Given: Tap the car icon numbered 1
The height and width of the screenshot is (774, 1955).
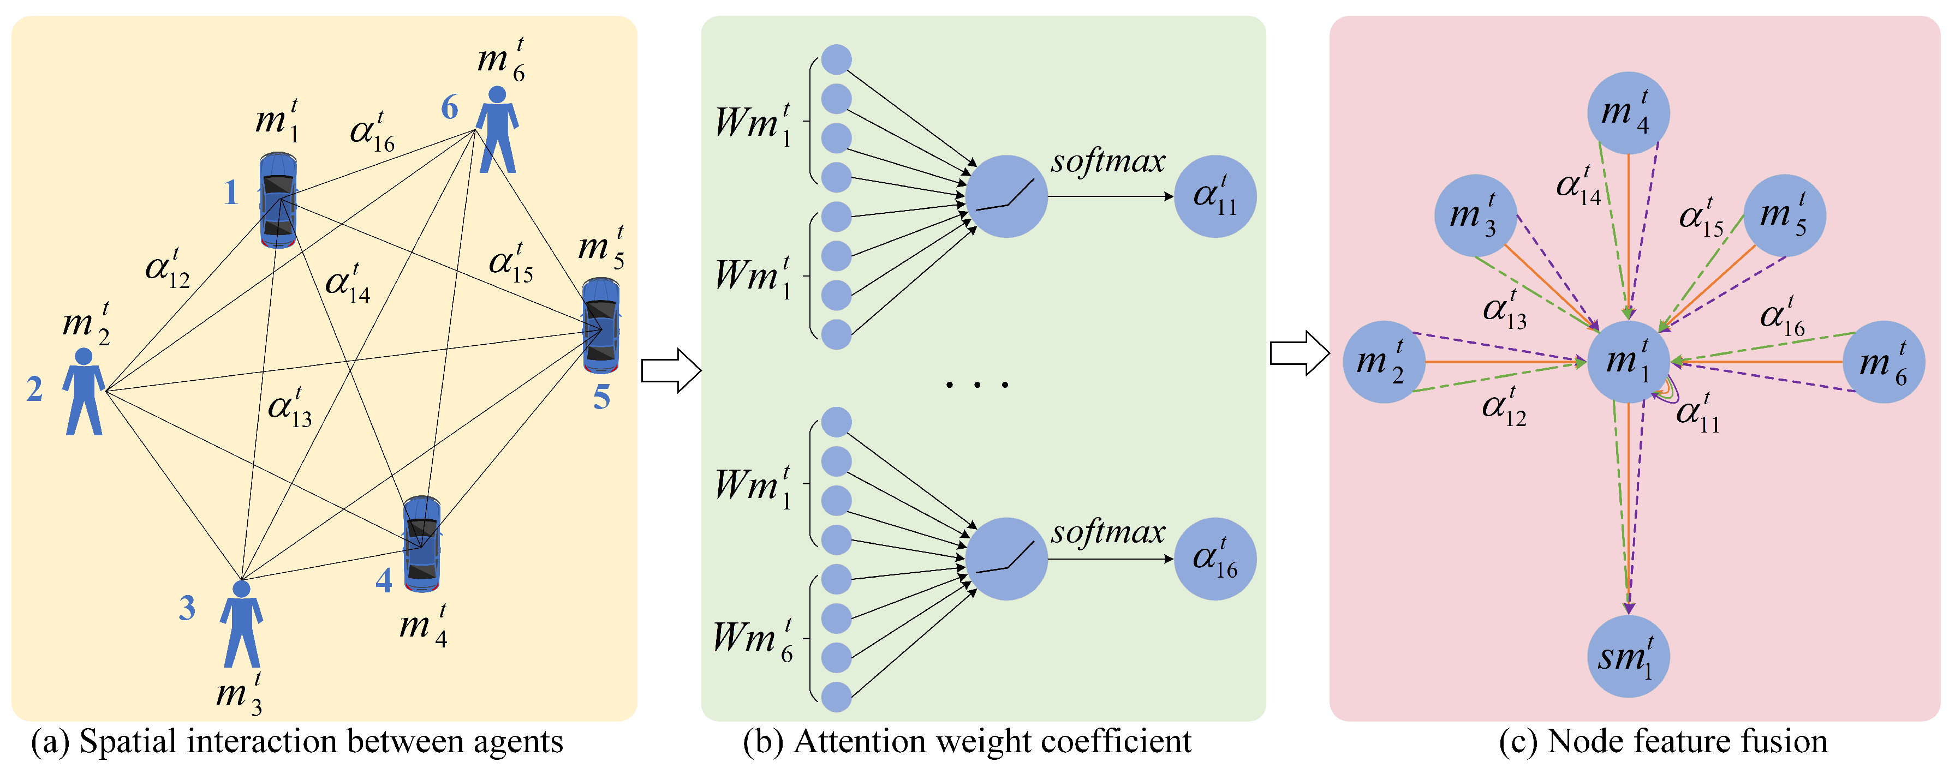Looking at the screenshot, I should pos(278,200).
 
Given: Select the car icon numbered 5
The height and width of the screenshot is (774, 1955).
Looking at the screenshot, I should pos(601,326).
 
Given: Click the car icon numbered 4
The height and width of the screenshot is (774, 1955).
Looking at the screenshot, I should pos(422,544).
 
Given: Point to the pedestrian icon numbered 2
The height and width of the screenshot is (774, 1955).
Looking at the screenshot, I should pos(84,392).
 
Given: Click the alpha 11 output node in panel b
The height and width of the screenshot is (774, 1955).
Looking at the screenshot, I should pos(1214,196).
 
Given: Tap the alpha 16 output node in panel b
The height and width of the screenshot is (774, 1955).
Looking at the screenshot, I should pos(1214,559).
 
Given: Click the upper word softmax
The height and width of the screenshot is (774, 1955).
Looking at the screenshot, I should pos(1107,161).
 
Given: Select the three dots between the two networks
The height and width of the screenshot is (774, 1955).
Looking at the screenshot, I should pos(977,385).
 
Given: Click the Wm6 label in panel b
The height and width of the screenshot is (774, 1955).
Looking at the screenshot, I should pos(753,639).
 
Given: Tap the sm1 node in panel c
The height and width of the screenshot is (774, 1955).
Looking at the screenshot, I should pos(1628,656).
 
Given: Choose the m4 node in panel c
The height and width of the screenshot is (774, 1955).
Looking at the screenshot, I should pos(1628,113).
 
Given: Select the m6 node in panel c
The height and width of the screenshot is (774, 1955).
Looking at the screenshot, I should pos(1883,362).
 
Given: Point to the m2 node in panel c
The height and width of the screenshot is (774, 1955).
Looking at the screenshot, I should pos(1384,362).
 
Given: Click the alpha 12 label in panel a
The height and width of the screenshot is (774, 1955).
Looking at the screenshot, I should pos(168,268).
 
